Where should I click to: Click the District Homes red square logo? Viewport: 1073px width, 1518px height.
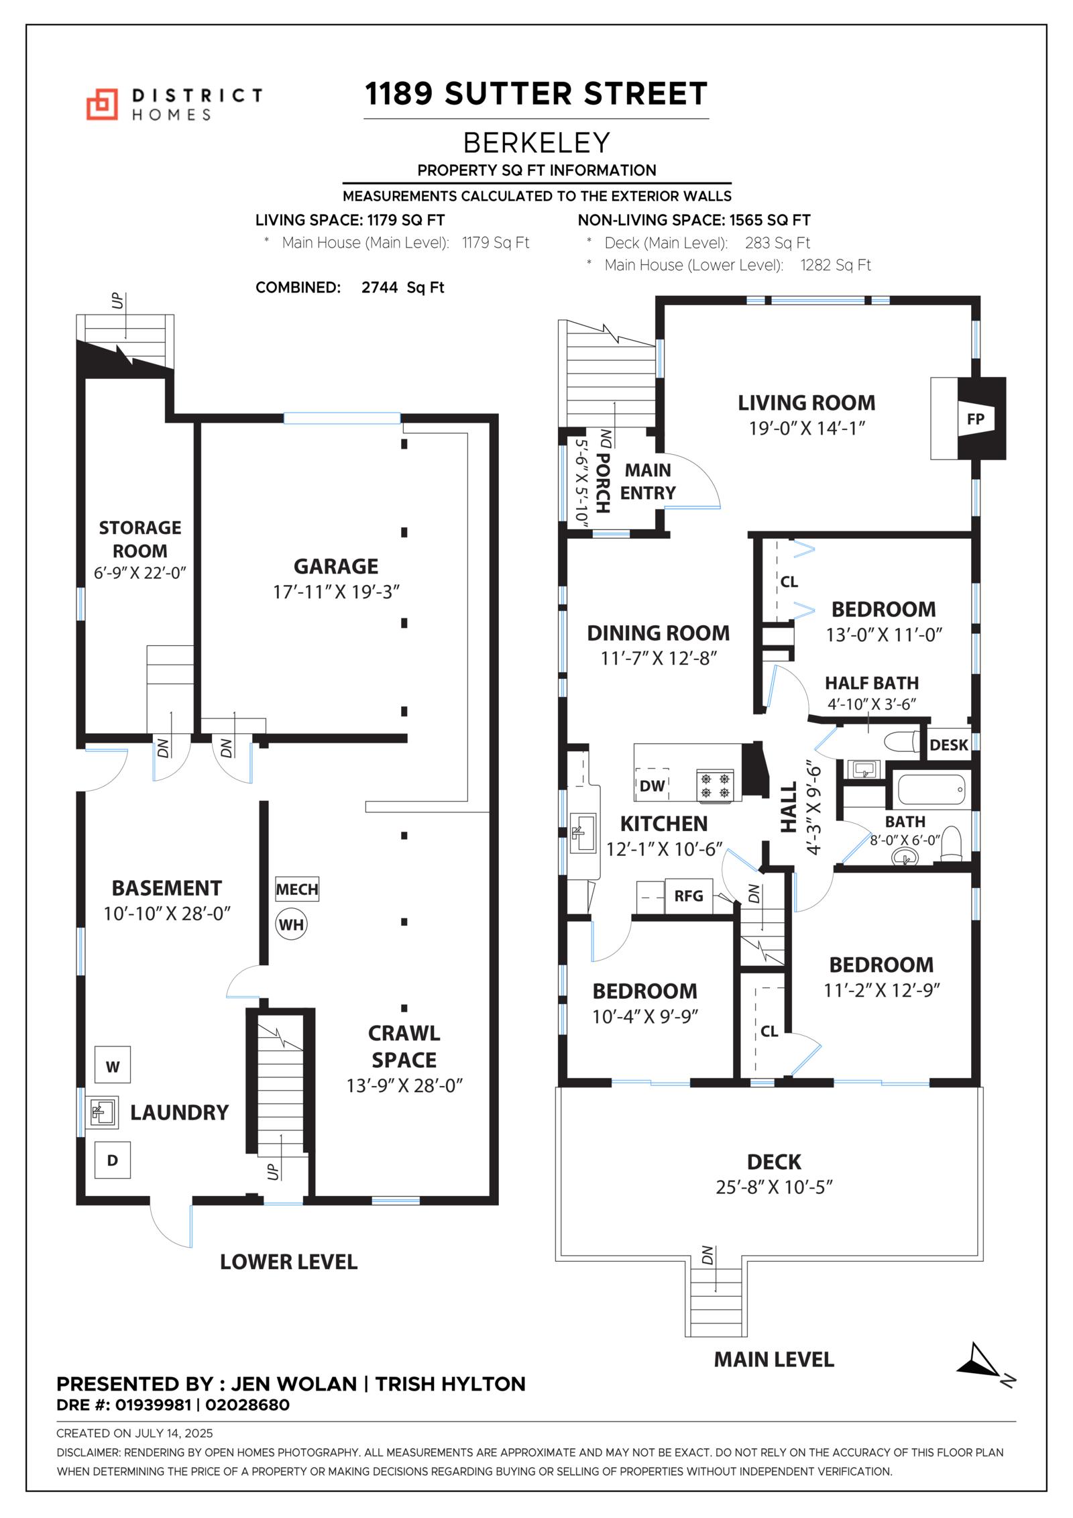(102, 104)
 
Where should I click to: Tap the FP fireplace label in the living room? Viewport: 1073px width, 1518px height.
(975, 419)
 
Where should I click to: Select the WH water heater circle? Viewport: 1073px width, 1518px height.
(291, 924)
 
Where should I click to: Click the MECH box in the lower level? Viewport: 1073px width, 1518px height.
(297, 889)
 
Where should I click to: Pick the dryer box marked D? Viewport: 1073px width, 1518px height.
(113, 1160)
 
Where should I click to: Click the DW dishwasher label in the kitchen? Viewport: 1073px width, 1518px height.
(652, 785)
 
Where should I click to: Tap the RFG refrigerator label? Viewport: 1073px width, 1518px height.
(689, 896)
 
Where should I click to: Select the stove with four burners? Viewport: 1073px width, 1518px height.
(715, 785)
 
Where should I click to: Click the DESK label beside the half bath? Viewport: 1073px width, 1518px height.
(949, 745)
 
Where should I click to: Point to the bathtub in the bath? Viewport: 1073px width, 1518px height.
(931, 790)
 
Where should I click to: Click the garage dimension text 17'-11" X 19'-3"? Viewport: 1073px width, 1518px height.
(336, 592)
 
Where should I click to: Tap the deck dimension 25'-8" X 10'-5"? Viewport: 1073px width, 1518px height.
(774, 1187)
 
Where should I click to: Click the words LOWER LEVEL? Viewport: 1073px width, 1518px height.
(289, 1262)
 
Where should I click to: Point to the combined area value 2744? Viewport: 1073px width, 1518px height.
(380, 288)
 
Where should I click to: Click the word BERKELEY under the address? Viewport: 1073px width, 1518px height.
(536, 143)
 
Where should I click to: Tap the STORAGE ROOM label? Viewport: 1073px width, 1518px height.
(140, 539)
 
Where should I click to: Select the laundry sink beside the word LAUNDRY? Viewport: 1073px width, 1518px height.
(101, 1113)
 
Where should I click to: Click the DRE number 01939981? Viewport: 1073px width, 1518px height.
(153, 1405)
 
